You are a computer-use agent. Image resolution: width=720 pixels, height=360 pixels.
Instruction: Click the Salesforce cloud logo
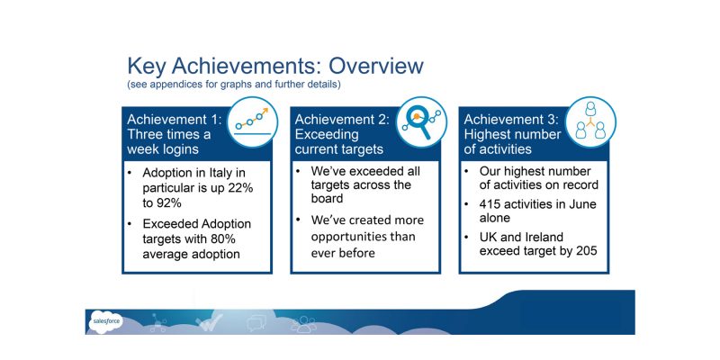tap(105, 321)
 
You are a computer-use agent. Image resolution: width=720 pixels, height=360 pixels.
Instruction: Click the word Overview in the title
tap(375, 66)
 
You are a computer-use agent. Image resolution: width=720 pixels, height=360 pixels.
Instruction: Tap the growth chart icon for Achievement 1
tap(252, 122)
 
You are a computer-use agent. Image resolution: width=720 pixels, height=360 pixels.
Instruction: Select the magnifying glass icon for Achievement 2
tap(421, 122)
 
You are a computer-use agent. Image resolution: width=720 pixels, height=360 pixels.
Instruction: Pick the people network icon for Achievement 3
tap(590, 122)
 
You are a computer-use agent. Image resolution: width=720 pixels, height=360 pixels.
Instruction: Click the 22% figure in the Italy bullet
tap(240, 188)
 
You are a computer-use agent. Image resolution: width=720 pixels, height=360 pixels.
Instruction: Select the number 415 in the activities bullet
tap(490, 203)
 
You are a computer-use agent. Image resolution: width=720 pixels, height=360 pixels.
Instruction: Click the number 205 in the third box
tap(586, 251)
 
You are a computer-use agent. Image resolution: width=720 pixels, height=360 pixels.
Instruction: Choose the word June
tap(582, 203)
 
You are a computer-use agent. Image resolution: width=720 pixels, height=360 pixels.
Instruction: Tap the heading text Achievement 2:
tap(342, 120)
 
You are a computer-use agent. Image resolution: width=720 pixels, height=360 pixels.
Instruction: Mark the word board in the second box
tap(327, 198)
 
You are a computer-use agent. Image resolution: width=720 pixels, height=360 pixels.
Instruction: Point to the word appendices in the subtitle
tap(167, 85)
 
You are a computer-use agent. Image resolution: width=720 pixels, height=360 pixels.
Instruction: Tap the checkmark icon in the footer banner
tap(209, 322)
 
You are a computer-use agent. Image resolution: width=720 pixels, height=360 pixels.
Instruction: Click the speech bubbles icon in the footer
tap(256, 323)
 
